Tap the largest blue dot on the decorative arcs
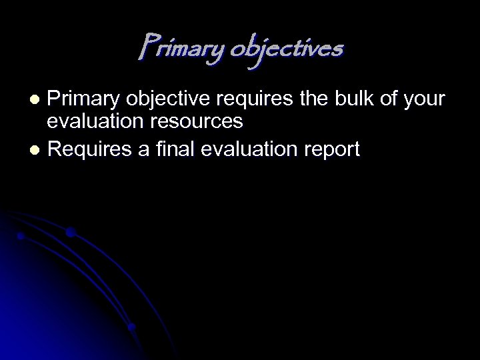pos(70,232)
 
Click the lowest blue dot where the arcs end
pos(131,327)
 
